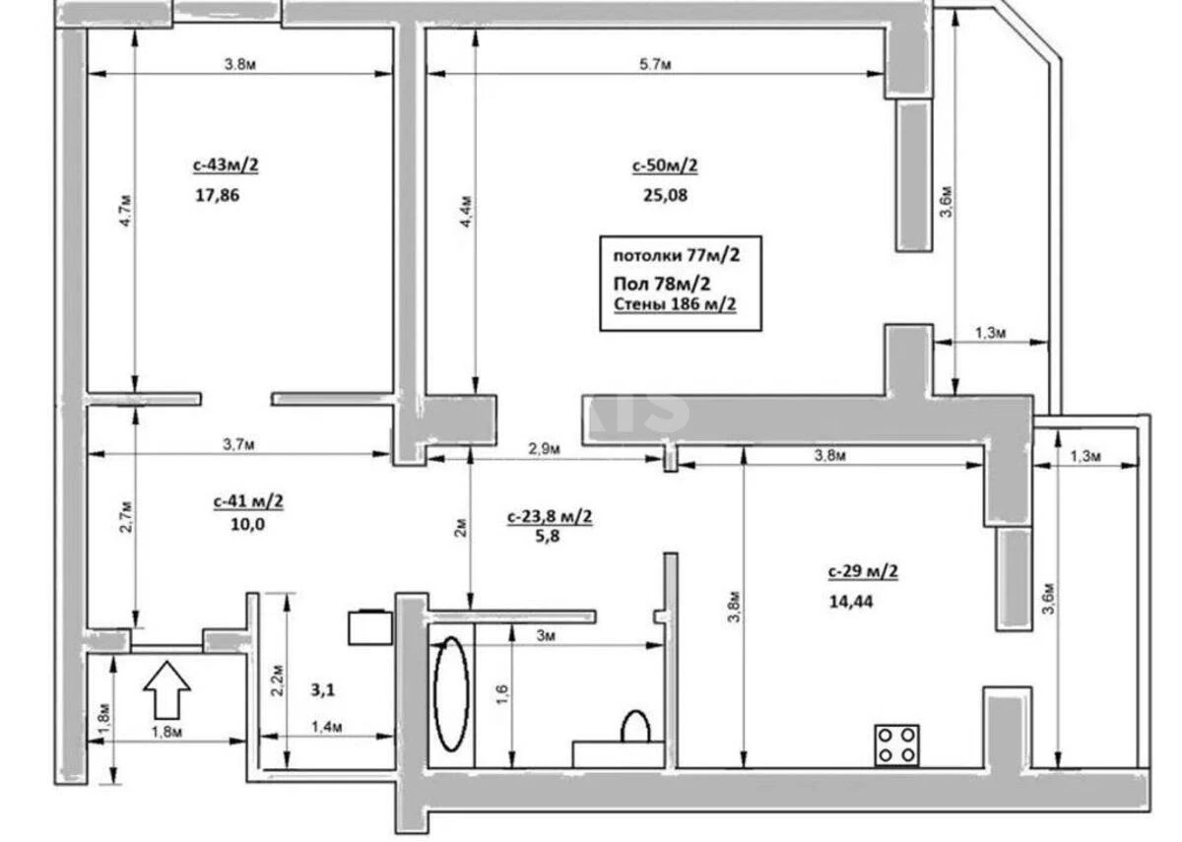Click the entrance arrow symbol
tap(166, 688)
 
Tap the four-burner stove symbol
tap(897, 744)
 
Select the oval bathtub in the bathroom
tap(452, 693)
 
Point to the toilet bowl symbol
tap(635, 727)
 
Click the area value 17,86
tap(218, 195)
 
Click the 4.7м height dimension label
tap(124, 212)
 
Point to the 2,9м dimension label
tap(543, 449)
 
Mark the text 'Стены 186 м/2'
tap(675, 304)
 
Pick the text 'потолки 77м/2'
tap(675, 254)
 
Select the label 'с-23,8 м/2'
tap(550, 515)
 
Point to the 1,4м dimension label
tap(327, 727)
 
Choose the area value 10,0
tap(245, 524)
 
